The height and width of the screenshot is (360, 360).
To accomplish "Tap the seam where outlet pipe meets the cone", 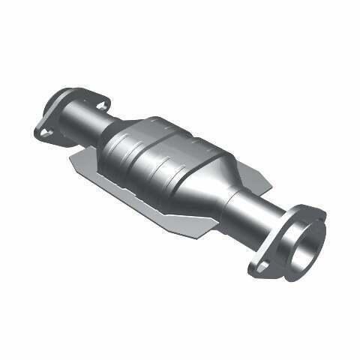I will click(x=235, y=196).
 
